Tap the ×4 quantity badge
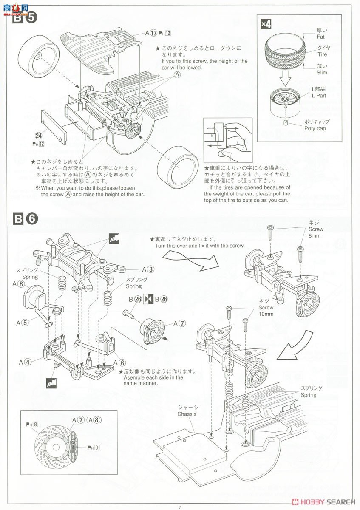pos(266,24)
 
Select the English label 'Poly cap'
pos(315,128)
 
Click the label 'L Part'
pos(319,96)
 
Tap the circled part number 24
pos(39,136)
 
